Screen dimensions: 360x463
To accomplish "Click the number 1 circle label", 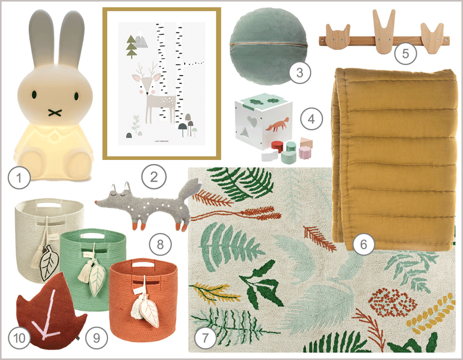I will (19, 179).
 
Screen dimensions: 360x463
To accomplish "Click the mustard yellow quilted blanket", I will (396, 154).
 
